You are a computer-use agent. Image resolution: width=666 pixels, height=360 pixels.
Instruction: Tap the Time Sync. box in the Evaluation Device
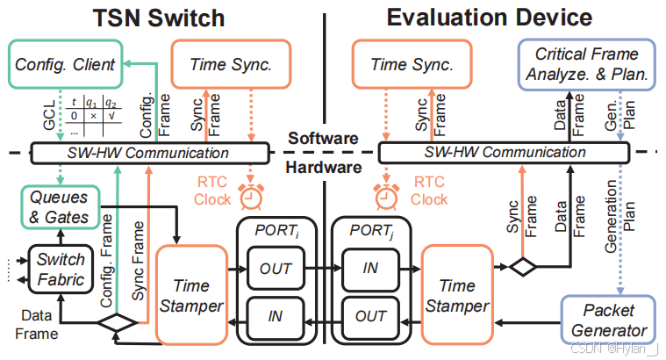coord(412,63)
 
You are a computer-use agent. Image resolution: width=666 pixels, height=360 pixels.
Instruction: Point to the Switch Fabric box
coord(60,270)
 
